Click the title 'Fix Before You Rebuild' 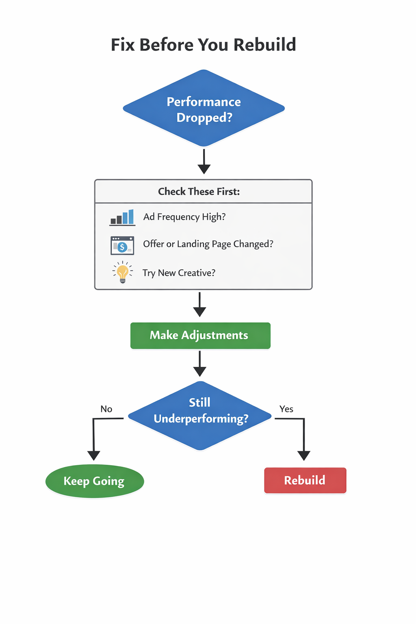tap(204, 45)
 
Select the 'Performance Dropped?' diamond tap(204, 108)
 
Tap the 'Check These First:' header tap(199, 191)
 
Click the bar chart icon tap(122, 217)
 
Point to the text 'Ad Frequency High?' tap(184, 217)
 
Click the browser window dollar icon tap(122, 245)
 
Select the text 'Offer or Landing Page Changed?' tap(208, 244)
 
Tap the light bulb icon tap(122, 272)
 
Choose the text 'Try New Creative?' tap(179, 273)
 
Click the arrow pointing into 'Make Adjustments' tap(199, 305)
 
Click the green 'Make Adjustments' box tap(200, 336)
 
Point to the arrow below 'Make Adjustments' tap(199, 364)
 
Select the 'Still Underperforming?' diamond tap(200, 415)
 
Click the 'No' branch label tap(106, 409)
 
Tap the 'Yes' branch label tap(286, 409)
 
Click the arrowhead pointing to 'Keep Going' tap(94, 455)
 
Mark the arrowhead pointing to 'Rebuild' tap(304, 455)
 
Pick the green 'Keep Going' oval tap(95, 481)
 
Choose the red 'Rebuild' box tap(305, 480)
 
